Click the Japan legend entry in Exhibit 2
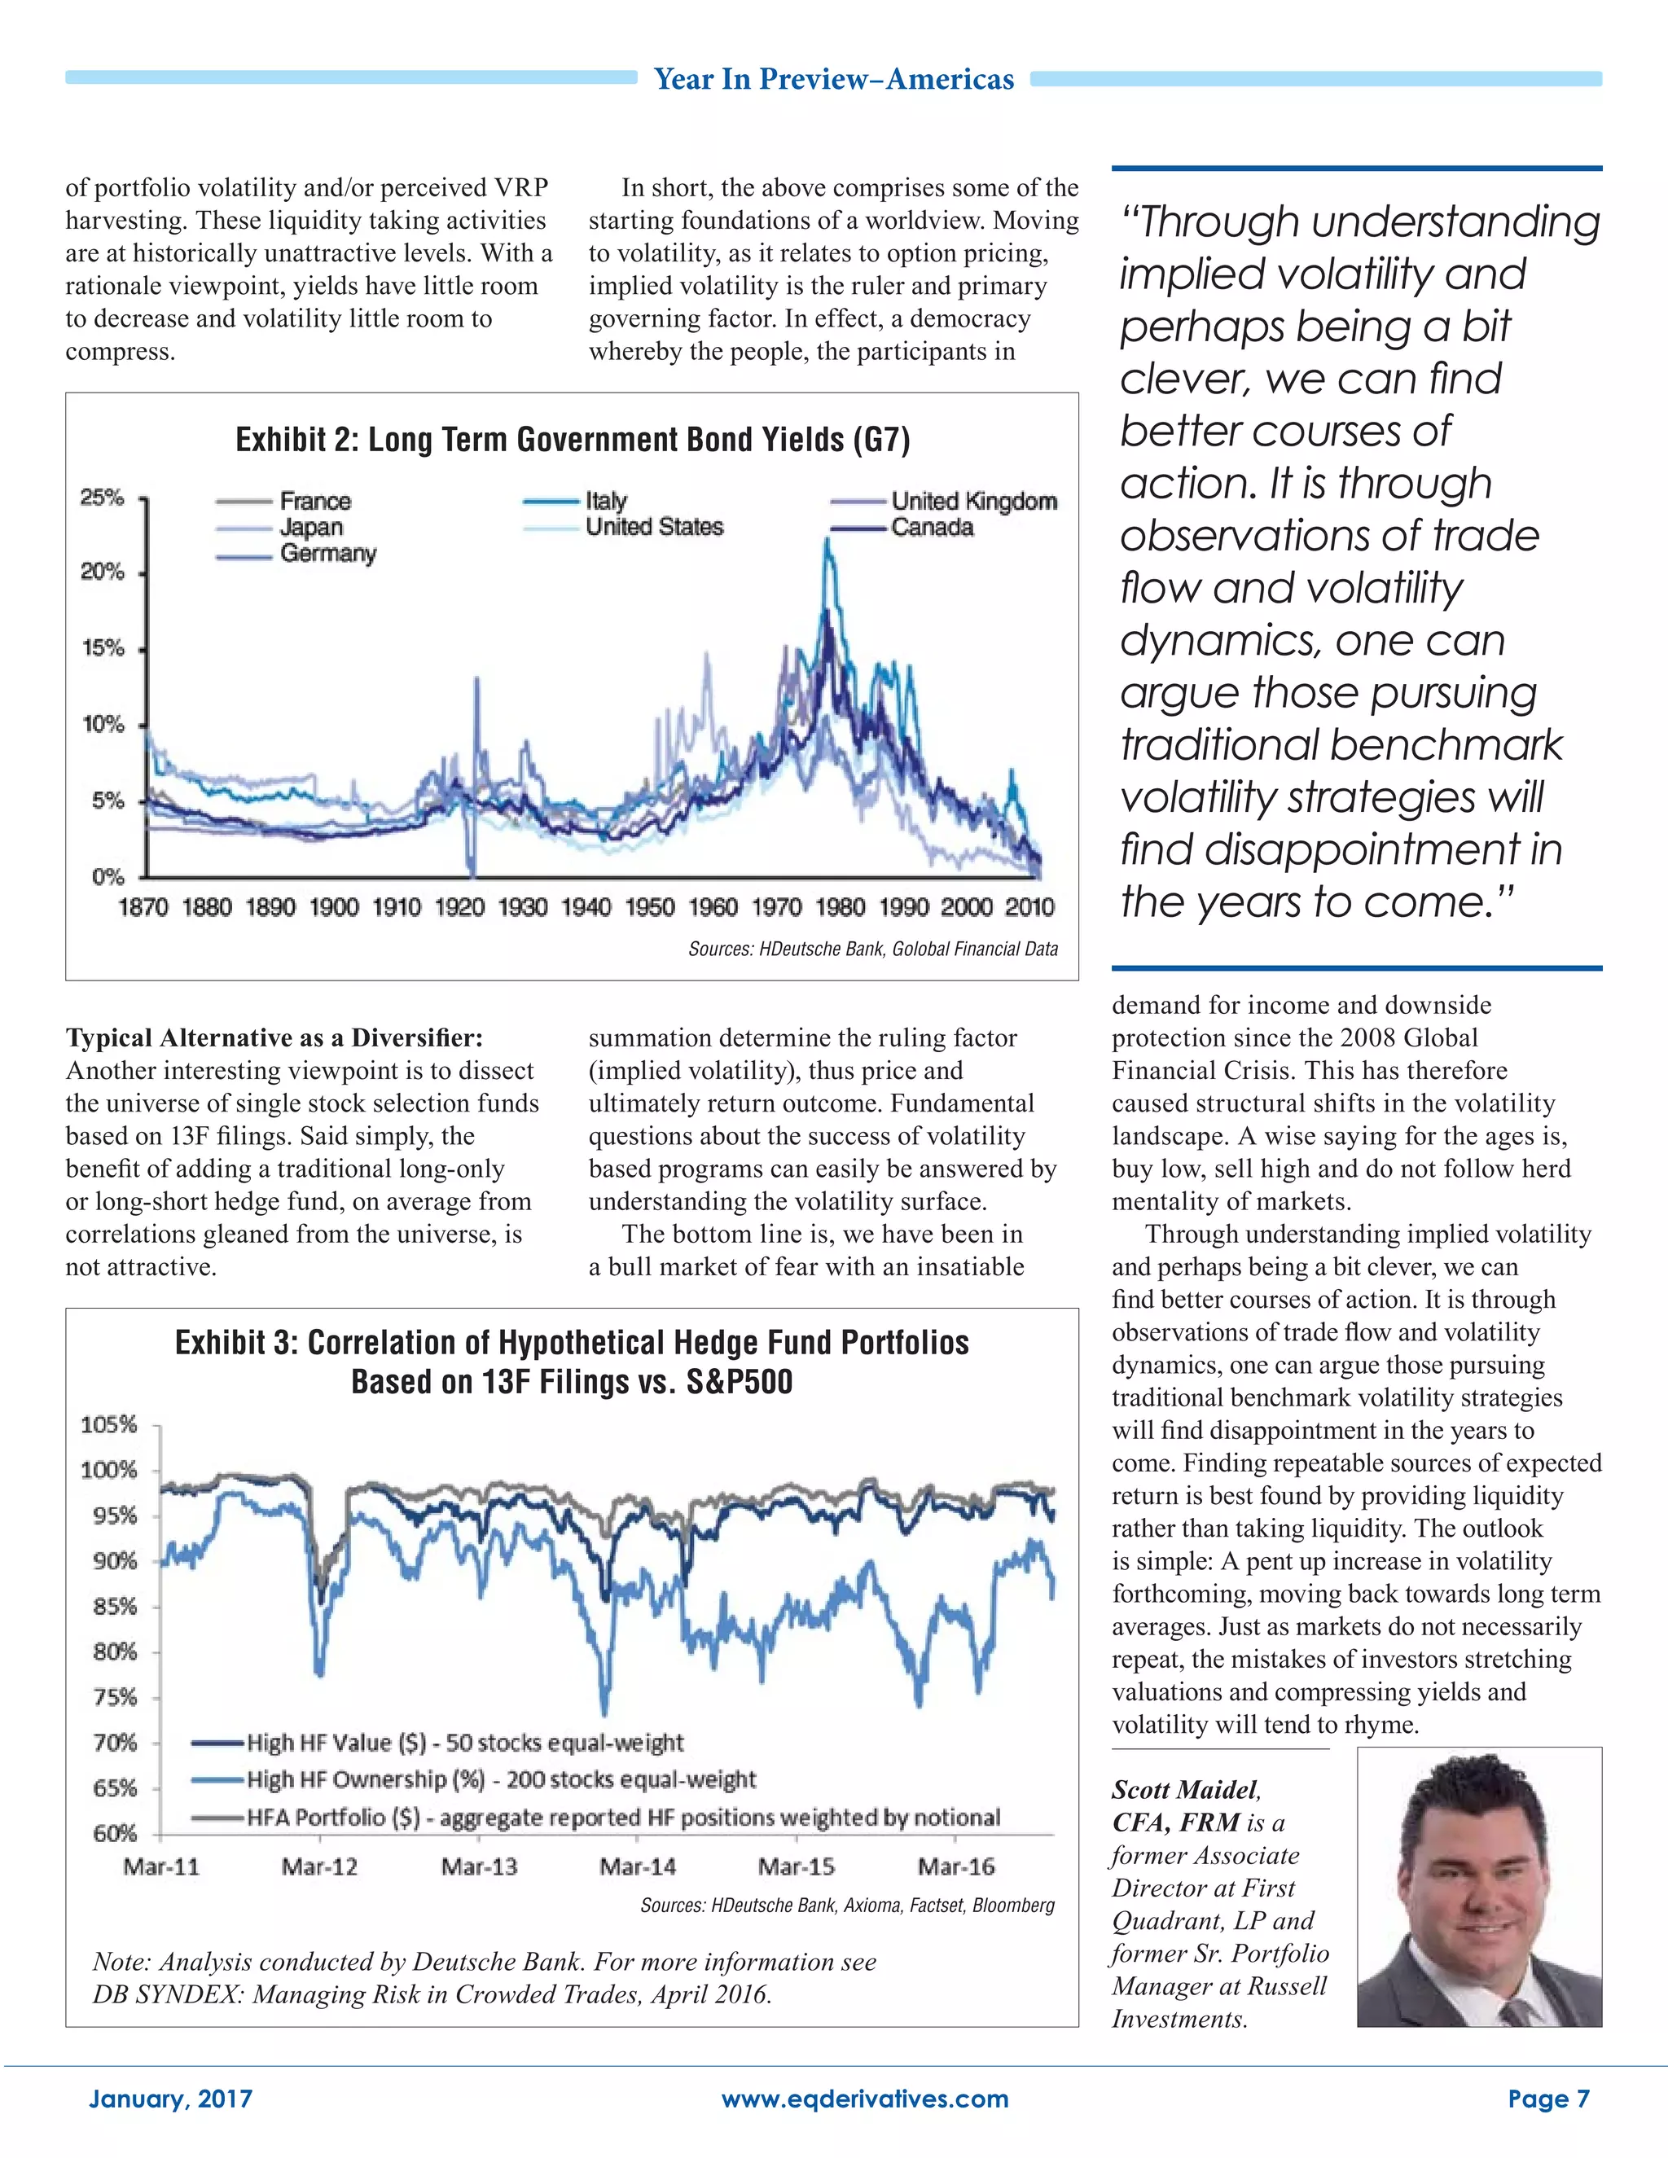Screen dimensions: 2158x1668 coord(310,528)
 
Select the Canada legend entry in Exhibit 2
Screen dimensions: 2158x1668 coord(931,528)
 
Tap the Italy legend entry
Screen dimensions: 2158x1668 coord(605,501)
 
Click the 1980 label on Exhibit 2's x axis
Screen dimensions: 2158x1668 coord(840,907)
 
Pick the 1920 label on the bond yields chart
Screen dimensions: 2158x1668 coord(459,907)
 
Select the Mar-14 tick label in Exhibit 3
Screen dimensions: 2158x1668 coord(638,1867)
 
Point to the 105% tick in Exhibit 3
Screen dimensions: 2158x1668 coord(108,1425)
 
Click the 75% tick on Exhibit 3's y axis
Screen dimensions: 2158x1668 coord(114,1698)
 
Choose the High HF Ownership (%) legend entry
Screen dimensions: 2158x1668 coord(500,1779)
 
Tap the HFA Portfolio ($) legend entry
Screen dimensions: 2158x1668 coord(622,1817)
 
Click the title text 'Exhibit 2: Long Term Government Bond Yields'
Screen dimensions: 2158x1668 coord(572,440)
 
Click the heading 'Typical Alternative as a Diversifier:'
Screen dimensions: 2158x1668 coord(274,1037)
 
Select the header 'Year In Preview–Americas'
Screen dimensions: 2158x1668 coord(834,79)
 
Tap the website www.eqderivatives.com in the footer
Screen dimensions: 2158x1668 coord(865,2099)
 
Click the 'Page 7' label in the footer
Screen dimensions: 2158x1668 coord(1548,2099)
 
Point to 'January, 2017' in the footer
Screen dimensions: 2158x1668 coord(171,2099)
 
